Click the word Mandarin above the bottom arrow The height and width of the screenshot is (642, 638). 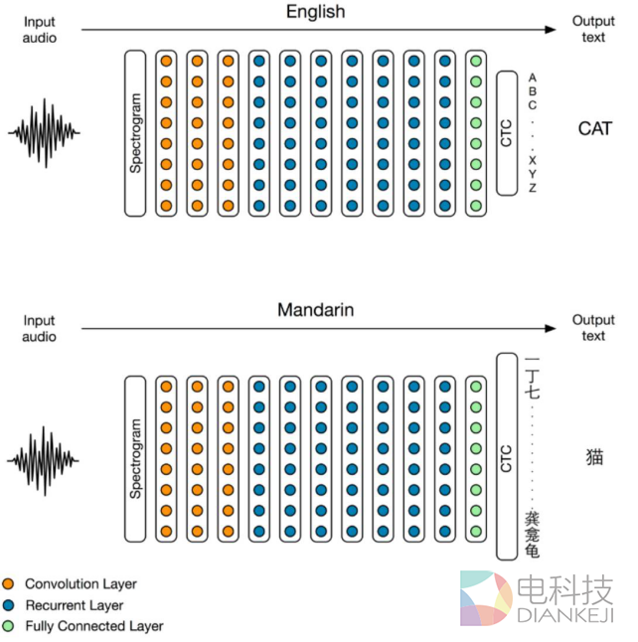point(316,311)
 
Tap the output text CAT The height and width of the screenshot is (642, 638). point(595,128)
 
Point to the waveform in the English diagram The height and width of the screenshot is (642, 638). point(45,132)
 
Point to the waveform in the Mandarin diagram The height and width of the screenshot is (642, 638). point(45,458)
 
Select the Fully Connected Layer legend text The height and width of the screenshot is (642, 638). point(93,626)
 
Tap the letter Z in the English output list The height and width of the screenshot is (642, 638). point(533,188)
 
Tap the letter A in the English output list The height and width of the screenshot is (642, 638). point(533,77)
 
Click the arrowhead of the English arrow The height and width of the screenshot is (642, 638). point(552,30)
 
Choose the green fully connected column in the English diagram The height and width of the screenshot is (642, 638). point(475,133)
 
